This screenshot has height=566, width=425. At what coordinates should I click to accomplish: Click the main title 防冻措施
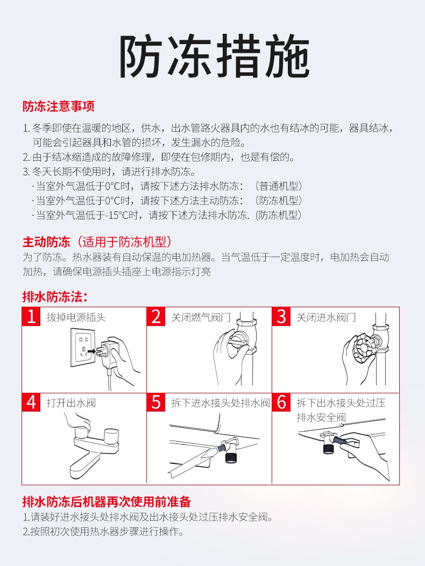[x=215, y=56]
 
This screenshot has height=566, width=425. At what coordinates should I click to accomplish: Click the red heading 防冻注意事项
[x=59, y=107]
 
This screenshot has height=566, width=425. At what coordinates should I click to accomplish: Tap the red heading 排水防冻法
[x=55, y=296]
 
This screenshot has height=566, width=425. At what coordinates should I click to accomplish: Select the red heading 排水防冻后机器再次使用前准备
[x=107, y=502]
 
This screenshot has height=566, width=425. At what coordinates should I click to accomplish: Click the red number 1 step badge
[x=31, y=316]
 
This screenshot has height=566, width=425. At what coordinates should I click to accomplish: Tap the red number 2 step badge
[x=156, y=316]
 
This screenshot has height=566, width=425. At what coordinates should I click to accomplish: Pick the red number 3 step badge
[x=281, y=316]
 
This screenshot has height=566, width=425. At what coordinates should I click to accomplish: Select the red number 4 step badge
[x=31, y=402]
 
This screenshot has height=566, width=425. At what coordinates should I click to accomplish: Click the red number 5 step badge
[x=156, y=402]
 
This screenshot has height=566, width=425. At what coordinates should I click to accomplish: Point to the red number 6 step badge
[x=281, y=402]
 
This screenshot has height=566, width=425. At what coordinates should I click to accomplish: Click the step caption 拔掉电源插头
[x=76, y=317]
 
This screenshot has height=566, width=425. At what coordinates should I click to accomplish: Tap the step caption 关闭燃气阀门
[x=201, y=317]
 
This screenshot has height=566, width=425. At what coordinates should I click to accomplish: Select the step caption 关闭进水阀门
[x=326, y=317]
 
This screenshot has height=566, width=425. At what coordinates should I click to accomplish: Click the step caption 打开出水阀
[x=71, y=403]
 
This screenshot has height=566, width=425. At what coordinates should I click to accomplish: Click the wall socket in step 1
[x=83, y=347]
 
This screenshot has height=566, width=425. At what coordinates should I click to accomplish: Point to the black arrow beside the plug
[x=91, y=351]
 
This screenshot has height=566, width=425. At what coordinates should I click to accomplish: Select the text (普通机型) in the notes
[x=278, y=186]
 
